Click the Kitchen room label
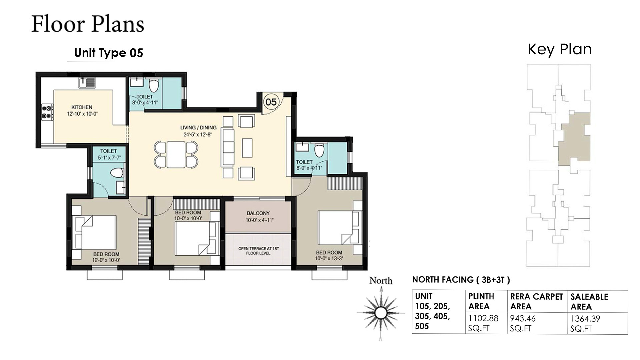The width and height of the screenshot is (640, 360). click(82, 107)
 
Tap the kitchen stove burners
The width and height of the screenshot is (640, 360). click(47, 112)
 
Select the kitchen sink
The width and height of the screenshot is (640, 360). click(87, 82)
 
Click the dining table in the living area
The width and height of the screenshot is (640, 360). click(176, 154)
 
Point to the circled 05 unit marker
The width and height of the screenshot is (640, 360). click(271, 102)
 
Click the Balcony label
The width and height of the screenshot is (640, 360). click(258, 213)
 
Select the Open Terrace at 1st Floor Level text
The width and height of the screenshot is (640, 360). click(258, 251)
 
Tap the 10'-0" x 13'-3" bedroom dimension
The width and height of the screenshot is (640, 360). click(329, 258)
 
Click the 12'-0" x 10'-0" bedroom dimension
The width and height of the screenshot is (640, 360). click(106, 260)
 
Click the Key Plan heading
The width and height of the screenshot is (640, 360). click(560, 49)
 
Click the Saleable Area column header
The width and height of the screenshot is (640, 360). click(589, 302)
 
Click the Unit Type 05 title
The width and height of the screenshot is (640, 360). click(109, 53)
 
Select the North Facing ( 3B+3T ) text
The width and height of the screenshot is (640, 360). click(461, 280)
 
